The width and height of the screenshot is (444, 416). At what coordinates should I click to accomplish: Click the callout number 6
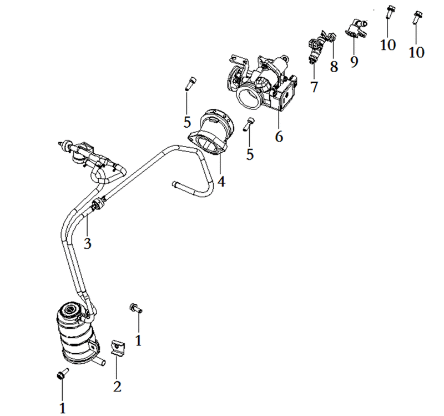(279, 137)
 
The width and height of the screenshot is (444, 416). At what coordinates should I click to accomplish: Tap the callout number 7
(314, 87)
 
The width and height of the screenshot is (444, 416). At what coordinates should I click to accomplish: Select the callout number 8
(334, 67)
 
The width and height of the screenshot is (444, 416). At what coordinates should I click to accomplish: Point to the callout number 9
(354, 62)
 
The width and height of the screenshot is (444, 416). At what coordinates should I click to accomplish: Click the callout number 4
(221, 182)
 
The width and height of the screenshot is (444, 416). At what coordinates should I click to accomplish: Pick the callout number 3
(88, 243)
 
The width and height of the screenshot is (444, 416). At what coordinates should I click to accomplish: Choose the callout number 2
(117, 387)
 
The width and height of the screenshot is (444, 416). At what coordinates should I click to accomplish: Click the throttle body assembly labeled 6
(262, 82)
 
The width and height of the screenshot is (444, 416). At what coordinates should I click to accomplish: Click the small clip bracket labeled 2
(117, 348)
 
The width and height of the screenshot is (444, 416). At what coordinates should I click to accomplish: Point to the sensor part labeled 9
(356, 28)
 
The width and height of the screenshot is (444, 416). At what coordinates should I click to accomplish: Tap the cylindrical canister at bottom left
(77, 334)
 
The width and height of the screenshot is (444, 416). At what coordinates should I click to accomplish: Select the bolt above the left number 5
(190, 84)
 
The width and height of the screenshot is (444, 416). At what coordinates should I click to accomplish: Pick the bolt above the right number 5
(249, 124)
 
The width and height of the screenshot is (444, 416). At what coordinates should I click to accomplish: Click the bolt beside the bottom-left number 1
(62, 373)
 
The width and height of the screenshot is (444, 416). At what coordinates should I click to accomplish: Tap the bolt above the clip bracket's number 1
(136, 308)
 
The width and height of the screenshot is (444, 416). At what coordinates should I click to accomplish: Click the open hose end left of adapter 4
(174, 184)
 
